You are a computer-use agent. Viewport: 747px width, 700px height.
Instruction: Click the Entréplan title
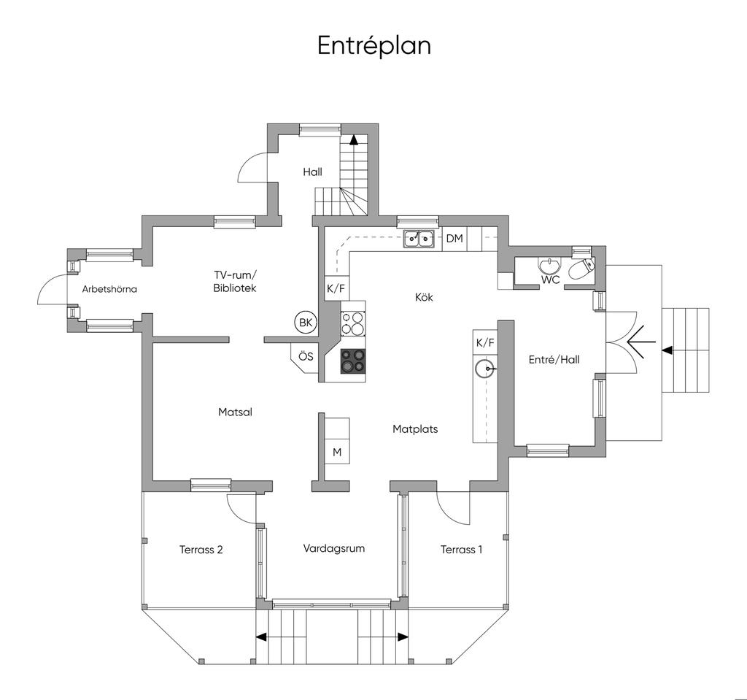click(x=374, y=47)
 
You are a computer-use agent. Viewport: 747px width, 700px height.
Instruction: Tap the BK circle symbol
click(x=306, y=323)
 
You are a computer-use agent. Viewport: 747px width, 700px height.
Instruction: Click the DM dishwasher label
click(x=454, y=238)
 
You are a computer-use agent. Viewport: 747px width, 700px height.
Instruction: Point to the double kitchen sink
click(x=419, y=239)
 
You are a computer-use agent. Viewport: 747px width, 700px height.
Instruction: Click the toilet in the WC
click(x=581, y=269)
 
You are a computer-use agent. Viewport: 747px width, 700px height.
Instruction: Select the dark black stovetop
click(x=353, y=361)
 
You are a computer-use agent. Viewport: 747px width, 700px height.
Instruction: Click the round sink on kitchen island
click(x=485, y=368)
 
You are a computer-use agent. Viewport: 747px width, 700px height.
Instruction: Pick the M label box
click(x=337, y=452)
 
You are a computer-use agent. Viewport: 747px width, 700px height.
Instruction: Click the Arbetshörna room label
click(x=109, y=289)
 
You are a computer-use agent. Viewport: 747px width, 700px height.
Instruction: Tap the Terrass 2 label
click(x=201, y=550)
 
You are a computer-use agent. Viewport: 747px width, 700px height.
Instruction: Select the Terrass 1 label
click(x=461, y=550)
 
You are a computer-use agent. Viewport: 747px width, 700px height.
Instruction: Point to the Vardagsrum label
click(x=334, y=548)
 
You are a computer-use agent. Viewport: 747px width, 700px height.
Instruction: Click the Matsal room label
click(x=235, y=412)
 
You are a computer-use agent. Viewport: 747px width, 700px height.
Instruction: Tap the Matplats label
click(x=415, y=428)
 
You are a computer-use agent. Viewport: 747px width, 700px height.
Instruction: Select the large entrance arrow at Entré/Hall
click(x=641, y=342)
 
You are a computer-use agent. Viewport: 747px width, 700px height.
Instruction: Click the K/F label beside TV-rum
click(x=336, y=288)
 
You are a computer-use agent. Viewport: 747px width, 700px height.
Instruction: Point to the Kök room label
click(x=424, y=297)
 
